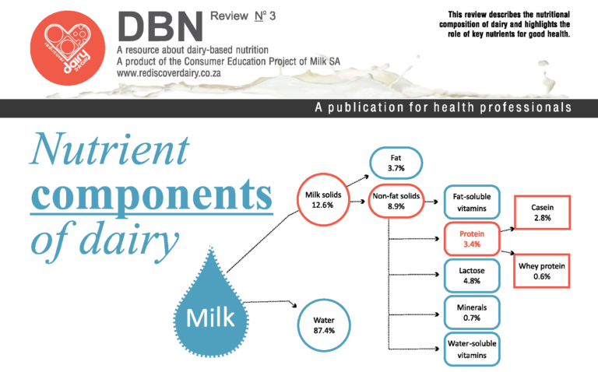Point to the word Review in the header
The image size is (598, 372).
tap(227, 16)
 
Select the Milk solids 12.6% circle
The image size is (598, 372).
tap(322, 200)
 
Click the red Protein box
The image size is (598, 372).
tap(471, 239)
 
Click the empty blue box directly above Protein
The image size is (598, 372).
tap(471, 202)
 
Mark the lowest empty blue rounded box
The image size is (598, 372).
tap(471, 349)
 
